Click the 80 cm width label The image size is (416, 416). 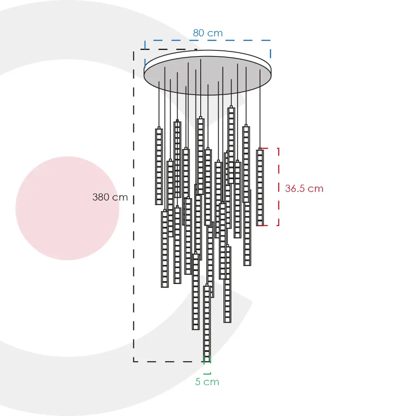[x=208, y=33]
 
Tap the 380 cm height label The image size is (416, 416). [x=110, y=197]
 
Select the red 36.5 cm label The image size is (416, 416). [x=304, y=188]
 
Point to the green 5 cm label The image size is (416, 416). [x=207, y=382]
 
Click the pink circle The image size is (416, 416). [x=67, y=208]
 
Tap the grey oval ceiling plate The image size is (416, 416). [x=208, y=75]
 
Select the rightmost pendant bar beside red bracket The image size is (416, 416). [x=260, y=187]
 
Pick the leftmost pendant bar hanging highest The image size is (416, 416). [x=159, y=166]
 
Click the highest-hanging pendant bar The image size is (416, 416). [x=231, y=145]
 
